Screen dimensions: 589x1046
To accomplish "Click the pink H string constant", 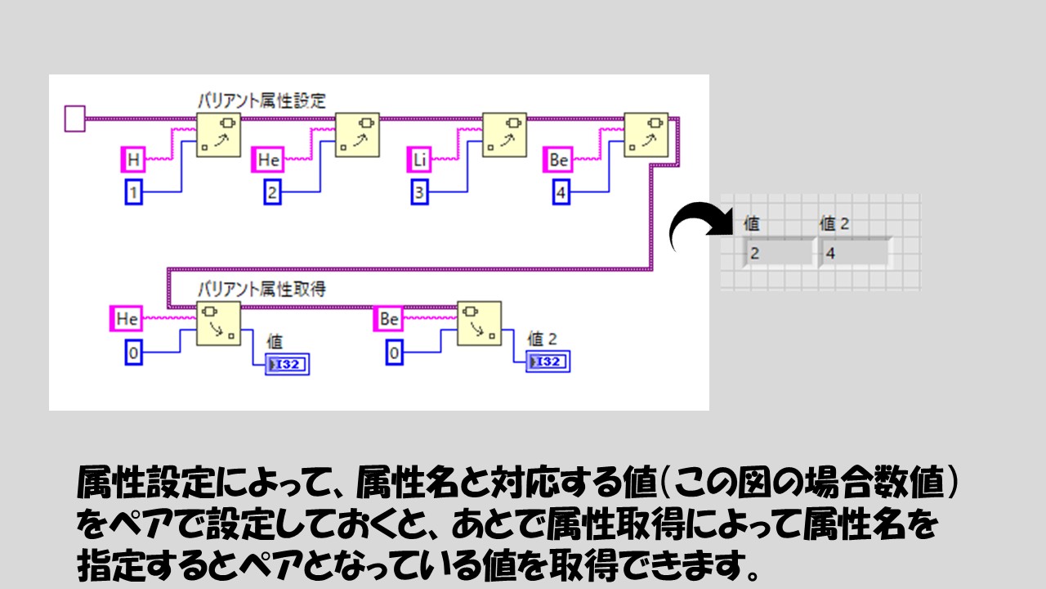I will pyautogui.click(x=133, y=160).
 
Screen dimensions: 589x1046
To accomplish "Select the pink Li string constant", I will pyautogui.click(x=419, y=160).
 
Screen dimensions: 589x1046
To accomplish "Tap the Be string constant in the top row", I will pyautogui.click(x=559, y=160).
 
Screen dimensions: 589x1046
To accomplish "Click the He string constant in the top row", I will pyautogui.click(x=269, y=160).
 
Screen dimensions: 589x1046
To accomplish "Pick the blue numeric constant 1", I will pyautogui.click(x=133, y=193).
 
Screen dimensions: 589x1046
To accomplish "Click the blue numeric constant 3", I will pyautogui.click(x=419, y=193).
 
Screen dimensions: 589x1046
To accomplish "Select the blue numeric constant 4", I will pyautogui.click(x=561, y=193).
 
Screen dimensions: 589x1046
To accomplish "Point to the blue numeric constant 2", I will pyautogui.click(x=271, y=193).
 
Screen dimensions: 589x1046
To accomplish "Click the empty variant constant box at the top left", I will pyautogui.click(x=74, y=119).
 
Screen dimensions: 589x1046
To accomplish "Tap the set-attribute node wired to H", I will pyautogui.click(x=219, y=134).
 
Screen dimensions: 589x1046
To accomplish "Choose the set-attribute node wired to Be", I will pyautogui.click(x=646, y=134).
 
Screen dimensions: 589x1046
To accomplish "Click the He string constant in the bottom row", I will pyautogui.click(x=126, y=319).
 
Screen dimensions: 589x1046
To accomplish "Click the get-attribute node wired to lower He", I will pyautogui.click(x=218, y=323).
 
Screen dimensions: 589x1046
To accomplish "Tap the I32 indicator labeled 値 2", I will pyautogui.click(x=548, y=362).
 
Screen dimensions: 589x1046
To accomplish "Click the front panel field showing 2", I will pyautogui.click(x=779, y=253).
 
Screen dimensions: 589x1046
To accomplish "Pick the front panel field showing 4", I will pyautogui.click(x=855, y=253).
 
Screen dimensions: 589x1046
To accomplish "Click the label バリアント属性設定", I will pyautogui.click(x=261, y=101).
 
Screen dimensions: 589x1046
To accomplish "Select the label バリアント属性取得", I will pyautogui.click(x=261, y=289).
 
